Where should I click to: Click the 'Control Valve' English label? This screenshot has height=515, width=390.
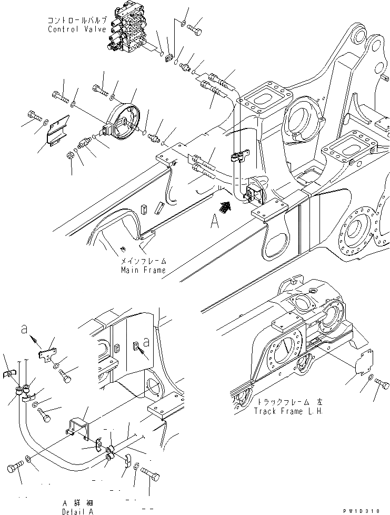point(77,29)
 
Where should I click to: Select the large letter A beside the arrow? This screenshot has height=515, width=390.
point(215,222)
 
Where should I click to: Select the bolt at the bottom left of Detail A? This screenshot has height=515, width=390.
point(15,468)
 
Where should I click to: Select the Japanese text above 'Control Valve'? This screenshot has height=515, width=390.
point(77,20)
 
